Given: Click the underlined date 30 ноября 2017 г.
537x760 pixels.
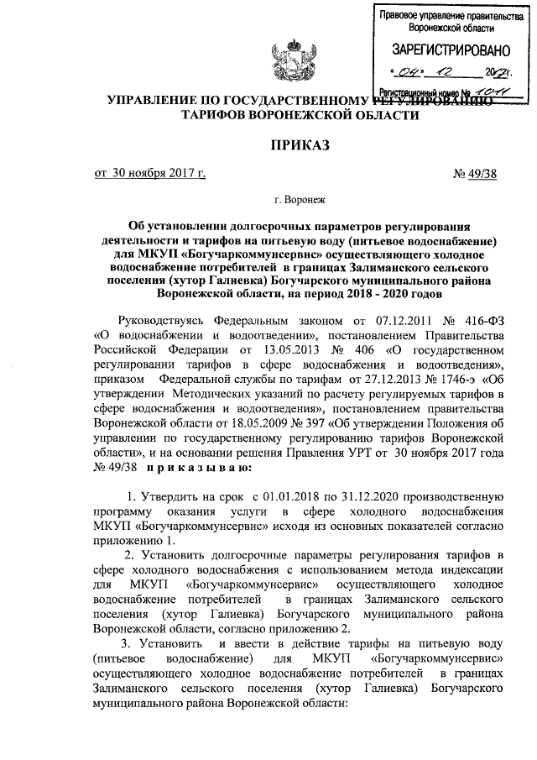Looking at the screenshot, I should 150,175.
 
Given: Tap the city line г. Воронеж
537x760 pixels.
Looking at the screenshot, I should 298,200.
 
